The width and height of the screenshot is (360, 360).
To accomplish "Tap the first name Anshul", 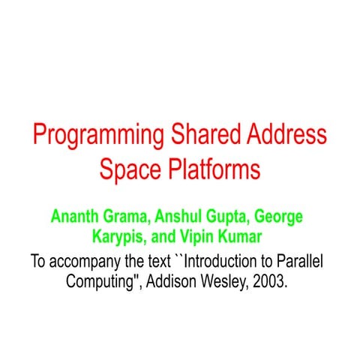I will coord(181,217).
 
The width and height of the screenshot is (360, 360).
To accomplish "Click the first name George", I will coord(278,218).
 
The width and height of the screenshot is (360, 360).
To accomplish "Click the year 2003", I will coord(271,283).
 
